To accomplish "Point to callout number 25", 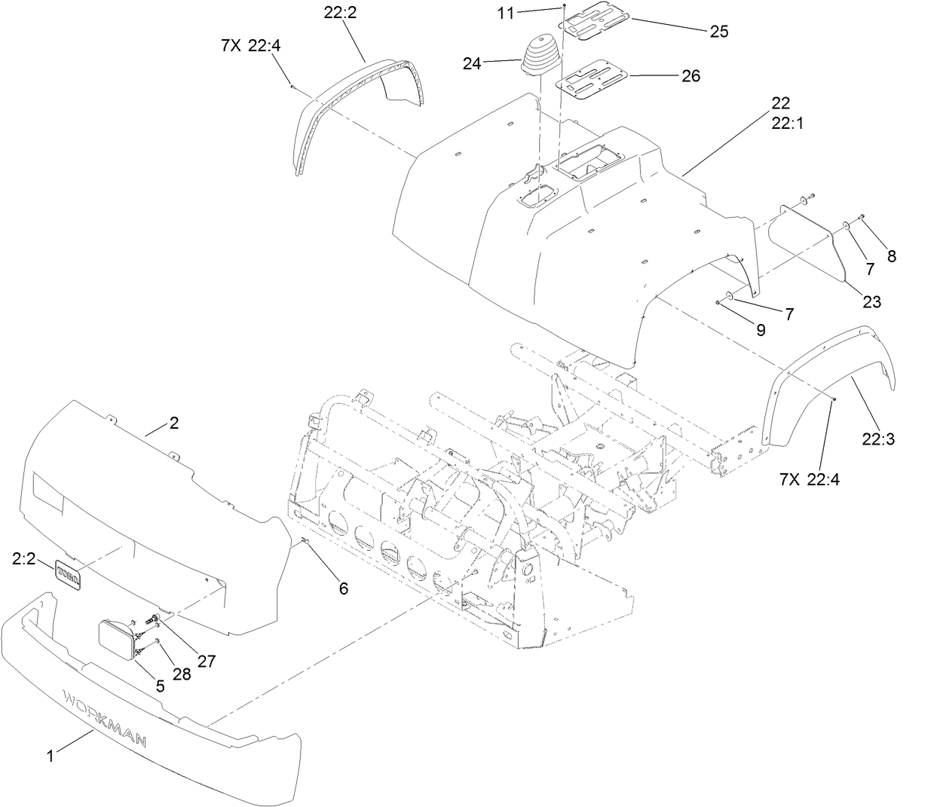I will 718,31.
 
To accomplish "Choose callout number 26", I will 691,75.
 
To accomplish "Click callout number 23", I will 871,301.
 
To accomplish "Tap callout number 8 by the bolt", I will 892,256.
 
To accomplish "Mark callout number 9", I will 760,329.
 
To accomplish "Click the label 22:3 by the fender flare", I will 878,439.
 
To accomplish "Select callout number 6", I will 343,588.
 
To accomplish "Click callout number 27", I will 206,661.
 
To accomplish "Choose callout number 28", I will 182,674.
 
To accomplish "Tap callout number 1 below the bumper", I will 51,756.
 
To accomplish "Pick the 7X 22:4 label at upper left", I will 251,45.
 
